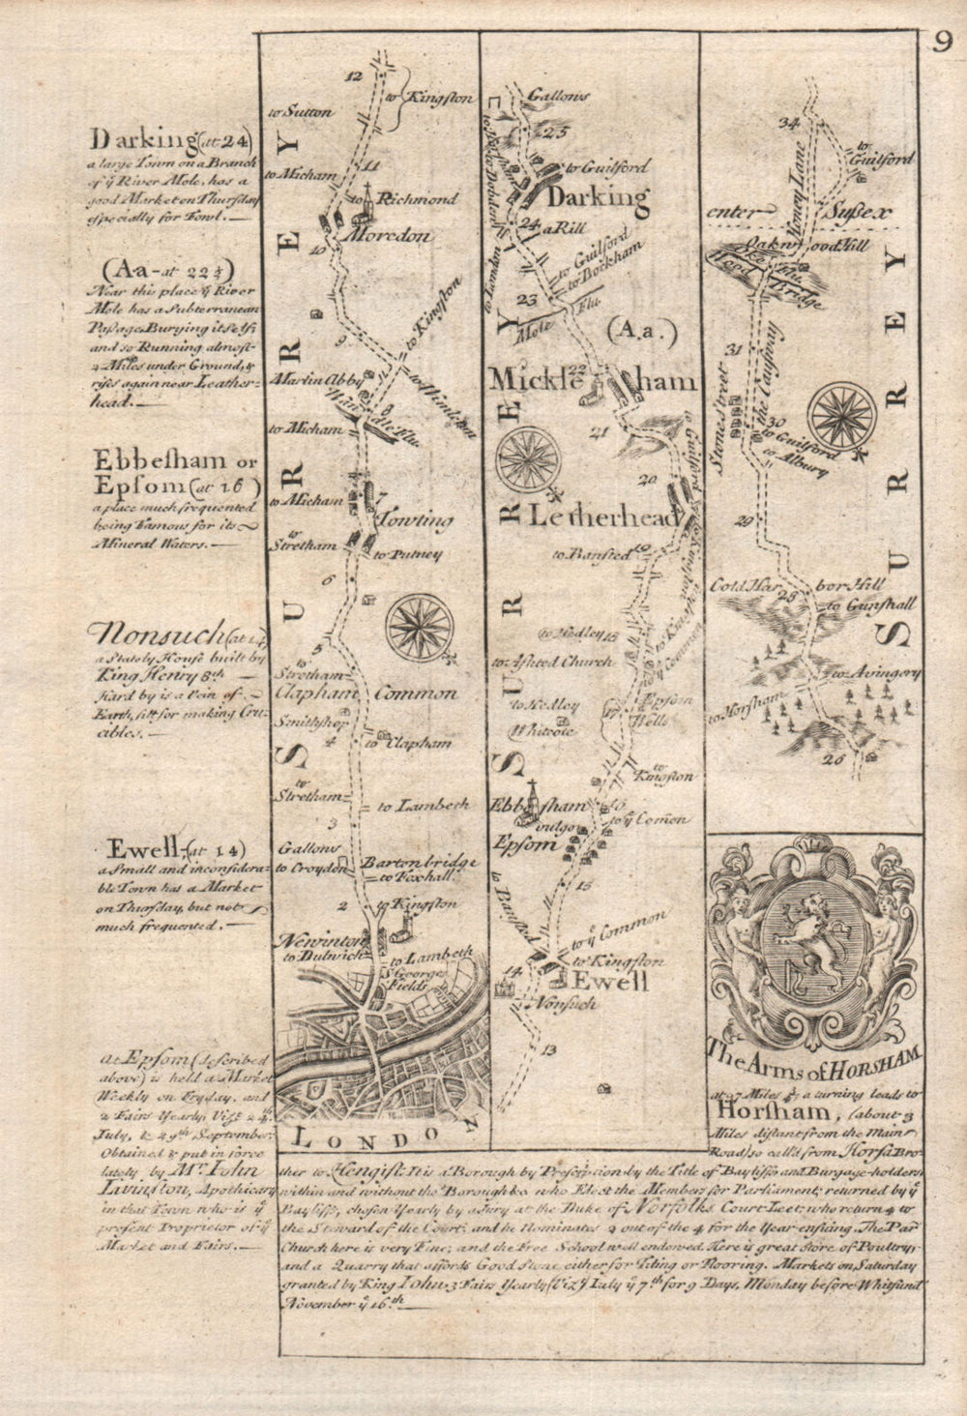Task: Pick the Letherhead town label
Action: (x=601, y=517)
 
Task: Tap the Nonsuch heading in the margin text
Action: (x=155, y=634)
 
